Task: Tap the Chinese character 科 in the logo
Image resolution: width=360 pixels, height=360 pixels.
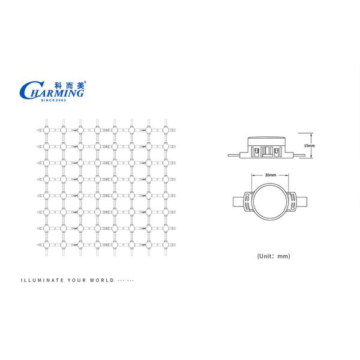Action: (x=58, y=86)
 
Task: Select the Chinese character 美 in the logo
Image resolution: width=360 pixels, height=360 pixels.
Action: (x=80, y=85)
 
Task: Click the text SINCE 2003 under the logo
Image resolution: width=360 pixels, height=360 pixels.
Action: (x=53, y=100)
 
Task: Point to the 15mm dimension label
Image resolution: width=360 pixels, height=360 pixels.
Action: (x=309, y=146)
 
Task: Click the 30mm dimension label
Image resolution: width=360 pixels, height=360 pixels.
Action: (x=271, y=175)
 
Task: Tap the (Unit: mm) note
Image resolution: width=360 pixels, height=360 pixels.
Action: (x=274, y=256)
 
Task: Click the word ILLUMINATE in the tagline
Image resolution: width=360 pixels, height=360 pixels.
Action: (x=42, y=280)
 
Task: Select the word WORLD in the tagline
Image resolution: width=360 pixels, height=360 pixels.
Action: (x=102, y=280)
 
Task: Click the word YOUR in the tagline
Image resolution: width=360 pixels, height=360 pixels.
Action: (x=77, y=280)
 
